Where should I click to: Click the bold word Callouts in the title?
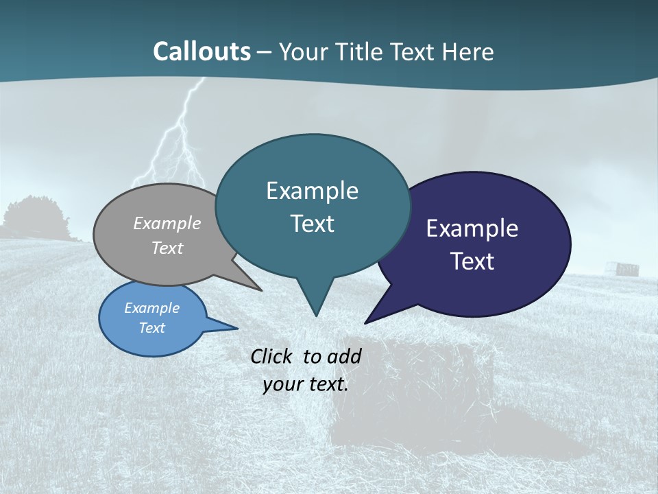202,51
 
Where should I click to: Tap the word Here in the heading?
468,52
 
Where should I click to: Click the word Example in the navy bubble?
472,228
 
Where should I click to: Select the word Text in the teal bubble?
313,224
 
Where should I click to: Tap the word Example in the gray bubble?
167,224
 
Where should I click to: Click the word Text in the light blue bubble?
152,328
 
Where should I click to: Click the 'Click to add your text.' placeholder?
306,370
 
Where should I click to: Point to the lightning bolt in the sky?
180,137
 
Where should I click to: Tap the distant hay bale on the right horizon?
626,268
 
